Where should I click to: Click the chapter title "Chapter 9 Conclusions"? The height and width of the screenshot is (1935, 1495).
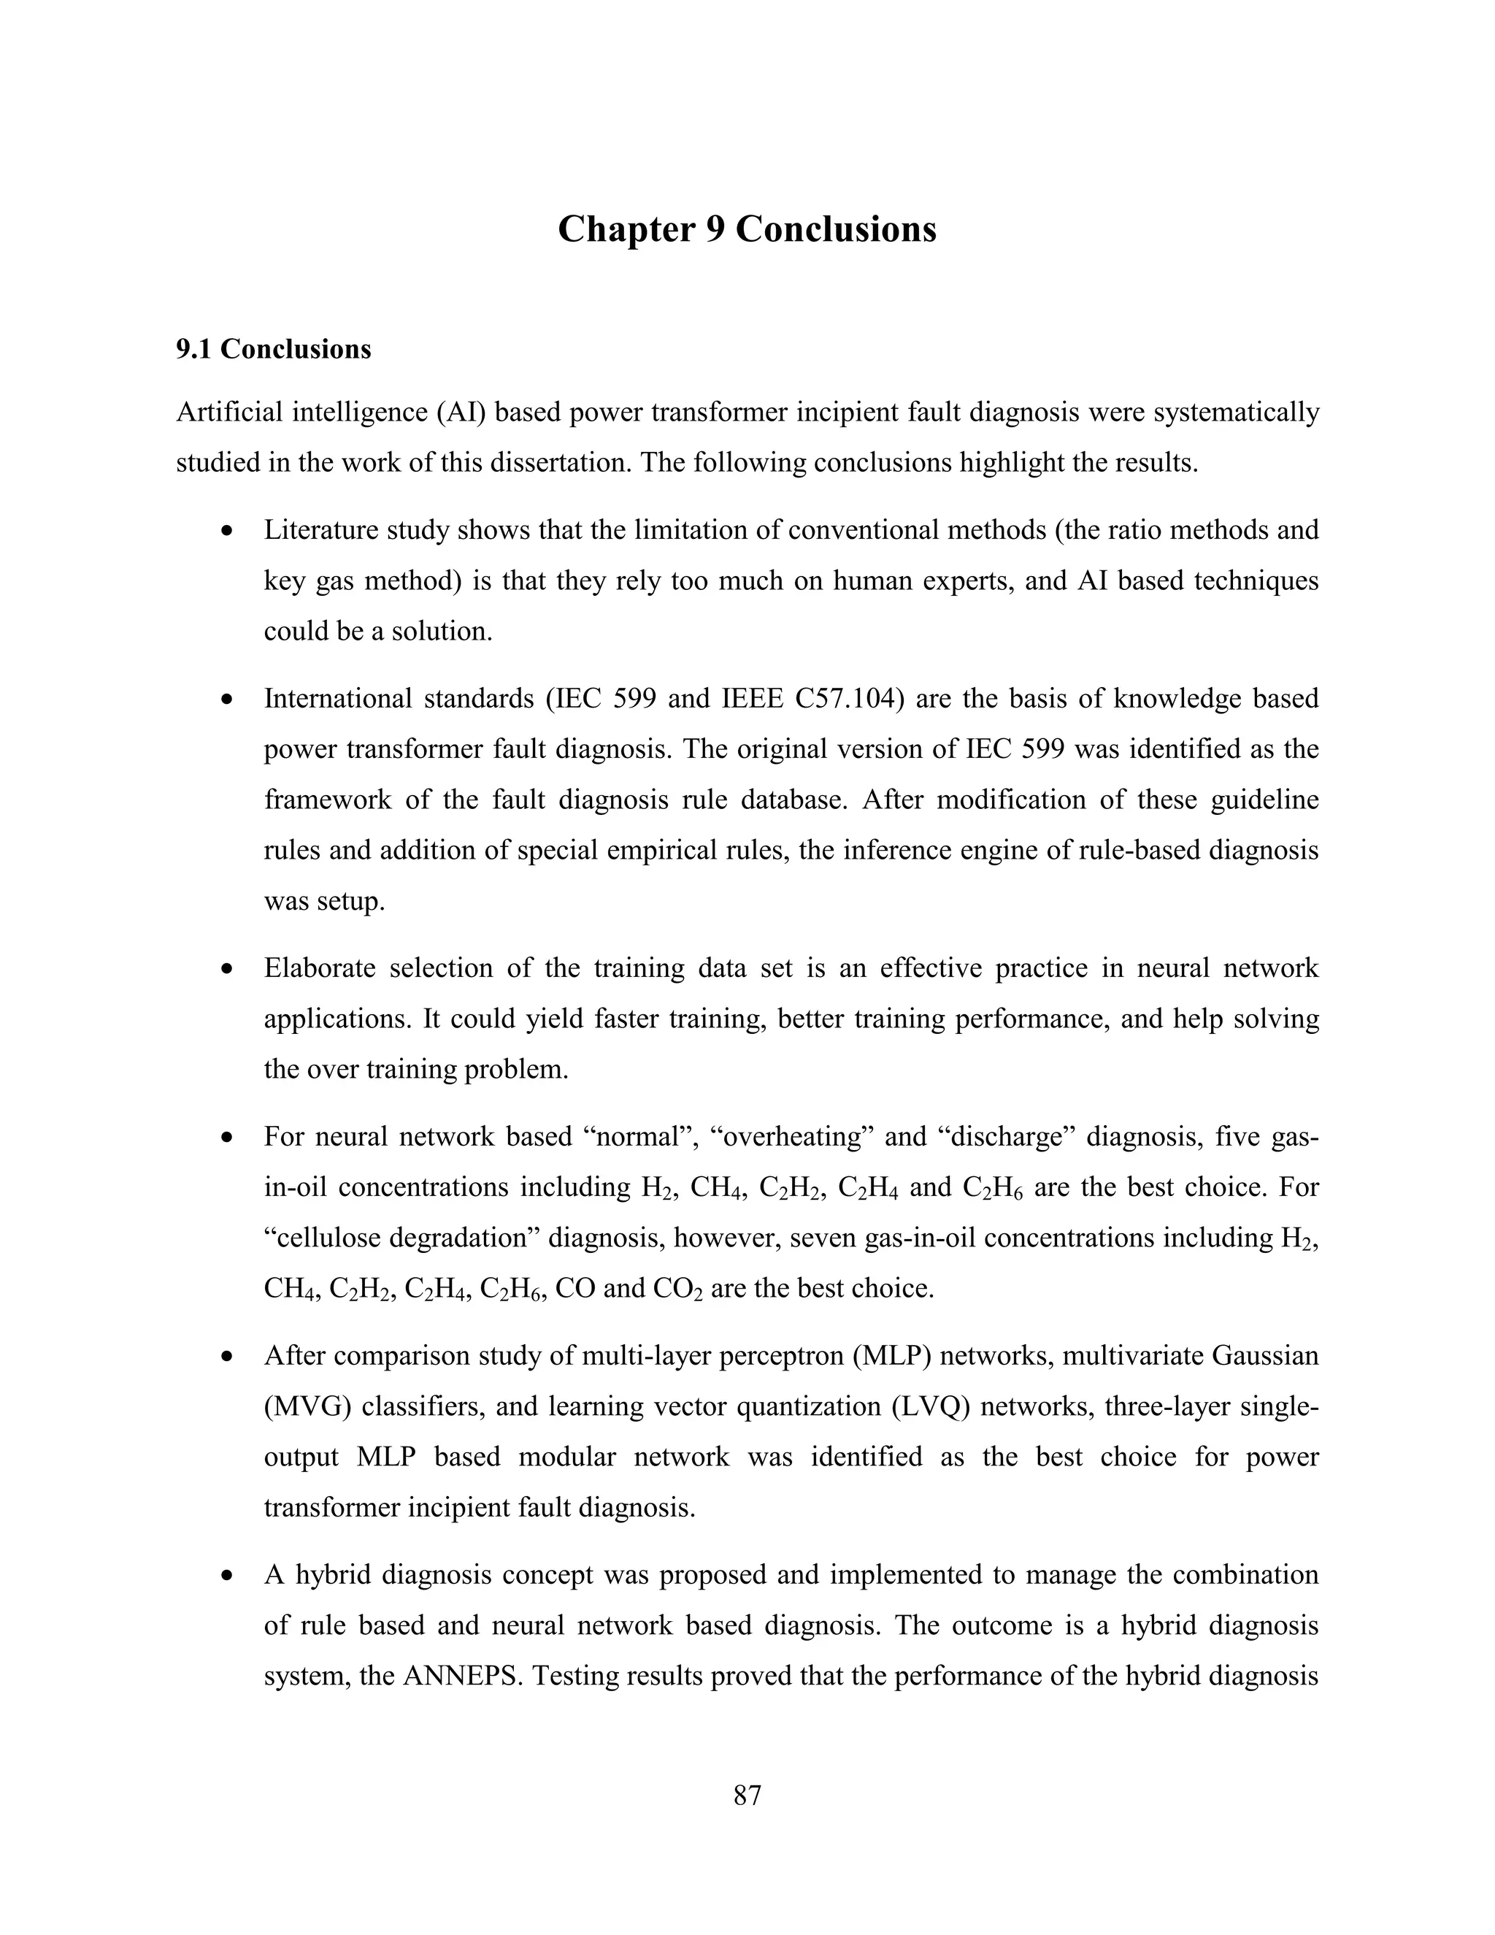[747, 229]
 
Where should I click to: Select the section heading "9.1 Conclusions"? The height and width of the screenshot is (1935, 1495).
[273, 349]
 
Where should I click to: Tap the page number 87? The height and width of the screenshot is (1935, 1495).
[747, 1795]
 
